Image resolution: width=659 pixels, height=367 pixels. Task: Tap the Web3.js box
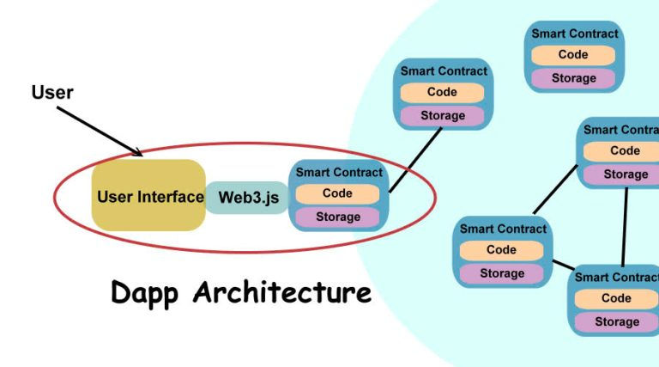(x=248, y=197)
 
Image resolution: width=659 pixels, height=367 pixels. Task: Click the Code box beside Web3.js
(x=337, y=193)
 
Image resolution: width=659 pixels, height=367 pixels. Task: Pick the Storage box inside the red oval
(x=337, y=217)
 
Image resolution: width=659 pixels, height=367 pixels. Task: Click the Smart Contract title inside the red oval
(x=338, y=172)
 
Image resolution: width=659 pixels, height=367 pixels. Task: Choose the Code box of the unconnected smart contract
(x=573, y=55)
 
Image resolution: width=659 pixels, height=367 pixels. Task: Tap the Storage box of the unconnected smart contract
(x=573, y=78)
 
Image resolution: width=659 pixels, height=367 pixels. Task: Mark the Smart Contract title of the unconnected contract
(x=574, y=34)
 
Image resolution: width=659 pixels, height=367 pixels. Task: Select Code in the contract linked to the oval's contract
(x=442, y=92)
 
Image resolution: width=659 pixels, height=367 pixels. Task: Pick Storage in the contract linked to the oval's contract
(x=442, y=115)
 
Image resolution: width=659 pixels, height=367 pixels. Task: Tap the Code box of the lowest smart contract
(x=616, y=298)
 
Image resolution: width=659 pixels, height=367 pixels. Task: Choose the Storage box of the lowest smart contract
(x=616, y=321)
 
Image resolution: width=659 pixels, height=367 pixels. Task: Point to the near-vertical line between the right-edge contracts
(x=625, y=225)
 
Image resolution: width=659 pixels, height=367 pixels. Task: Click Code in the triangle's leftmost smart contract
(x=501, y=250)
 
